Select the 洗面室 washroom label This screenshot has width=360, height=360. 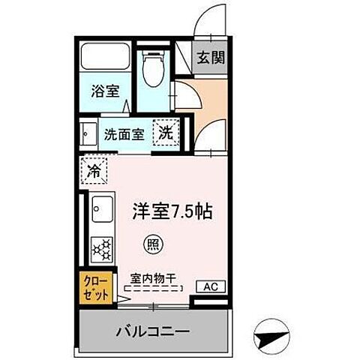click(124, 135)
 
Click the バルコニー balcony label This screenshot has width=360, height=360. click(152, 331)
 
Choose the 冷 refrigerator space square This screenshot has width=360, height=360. click(94, 170)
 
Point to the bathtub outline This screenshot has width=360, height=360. click(104, 57)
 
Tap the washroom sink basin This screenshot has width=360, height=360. click(88, 136)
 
